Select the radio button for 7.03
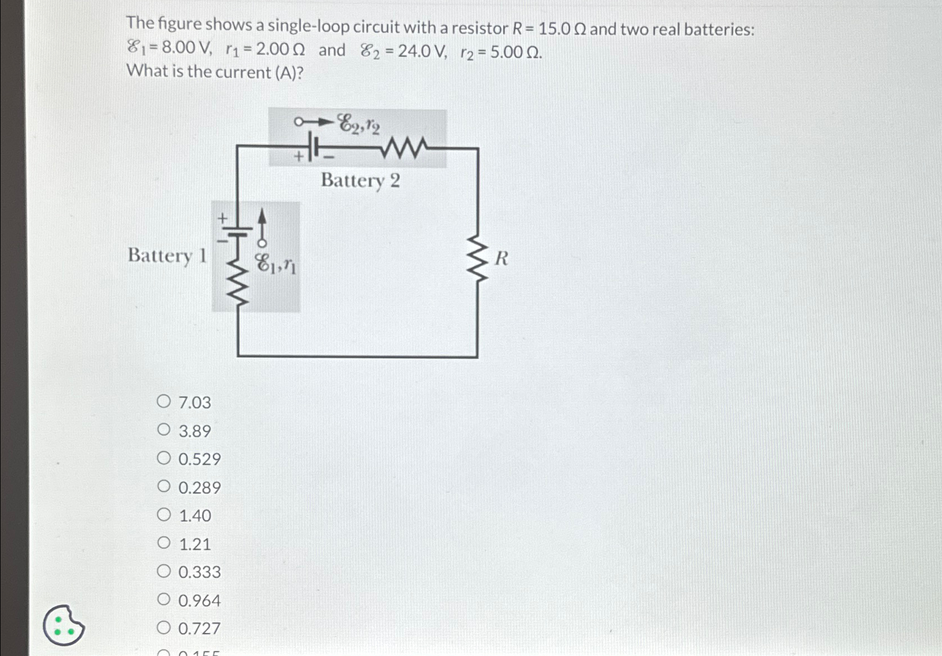coord(163,402)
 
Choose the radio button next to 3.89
coord(163,430)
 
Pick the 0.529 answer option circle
coord(163,459)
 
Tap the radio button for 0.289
coord(163,487)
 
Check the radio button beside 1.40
coord(163,515)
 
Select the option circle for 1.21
coord(163,543)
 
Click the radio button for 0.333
coord(163,571)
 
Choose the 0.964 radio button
coord(163,600)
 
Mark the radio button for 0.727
coord(163,628)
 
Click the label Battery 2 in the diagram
coord(360,181)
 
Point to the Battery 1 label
coord(167,256)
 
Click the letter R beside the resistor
coord(501,258)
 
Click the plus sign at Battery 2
coord(299,156)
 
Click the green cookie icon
coord(64,625)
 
